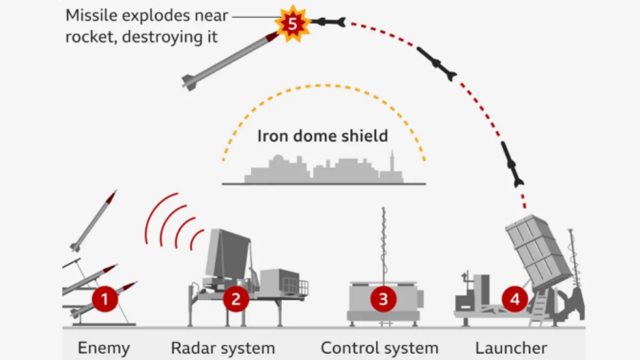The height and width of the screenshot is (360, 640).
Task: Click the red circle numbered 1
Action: point(104,299)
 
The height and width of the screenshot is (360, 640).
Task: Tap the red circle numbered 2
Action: point(236,299)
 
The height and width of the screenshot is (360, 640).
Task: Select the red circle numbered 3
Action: point(383,299)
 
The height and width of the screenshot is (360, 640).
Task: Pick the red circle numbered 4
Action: point(515,299)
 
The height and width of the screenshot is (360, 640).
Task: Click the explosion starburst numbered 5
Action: point(293,24)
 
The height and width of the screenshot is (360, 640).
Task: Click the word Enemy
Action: point(104,348)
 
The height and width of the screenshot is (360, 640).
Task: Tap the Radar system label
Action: point(223,348)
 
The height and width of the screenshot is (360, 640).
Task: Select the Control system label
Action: point(380,348)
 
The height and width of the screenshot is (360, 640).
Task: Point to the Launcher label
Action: point(511,348)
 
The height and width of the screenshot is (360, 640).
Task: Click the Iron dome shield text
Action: point(322,136)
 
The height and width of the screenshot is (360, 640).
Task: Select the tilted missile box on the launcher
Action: point(539,251)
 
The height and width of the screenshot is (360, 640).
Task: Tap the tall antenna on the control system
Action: point(383,245)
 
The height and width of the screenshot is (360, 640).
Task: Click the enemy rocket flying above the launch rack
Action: point(93,221)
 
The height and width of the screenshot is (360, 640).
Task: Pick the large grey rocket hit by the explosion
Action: point(230,61)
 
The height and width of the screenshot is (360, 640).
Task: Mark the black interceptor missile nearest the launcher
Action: point(512,164)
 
